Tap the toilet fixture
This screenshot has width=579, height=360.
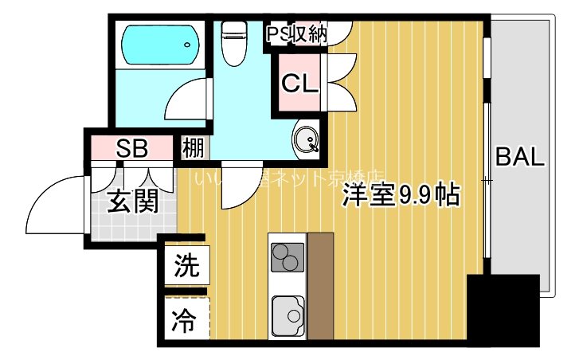click(x=235, y=44)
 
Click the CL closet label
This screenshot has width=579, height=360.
click(x=299, y=82)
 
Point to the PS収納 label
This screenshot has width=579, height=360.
click(x=296, y=34)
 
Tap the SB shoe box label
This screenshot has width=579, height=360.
click(x=131, y=147)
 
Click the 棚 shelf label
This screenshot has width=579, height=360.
click(x=194, y=147)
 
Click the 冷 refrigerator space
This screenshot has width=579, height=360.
click(x=186, y=320)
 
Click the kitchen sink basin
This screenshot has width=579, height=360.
click(x=287, y=317)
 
